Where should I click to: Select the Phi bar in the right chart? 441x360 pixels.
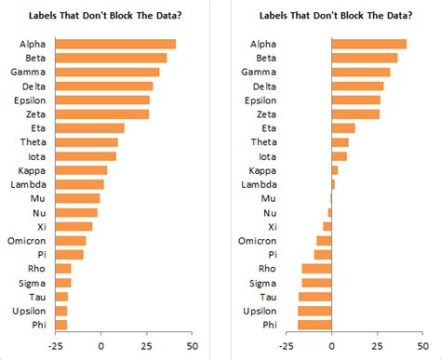(x=314, y=325)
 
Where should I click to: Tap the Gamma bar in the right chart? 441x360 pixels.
(x=360, y=72)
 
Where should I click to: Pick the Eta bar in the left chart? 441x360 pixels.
(x=89, y=127)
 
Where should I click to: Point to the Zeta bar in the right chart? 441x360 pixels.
(x=354, y=113)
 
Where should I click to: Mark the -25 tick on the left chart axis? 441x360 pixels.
(x=56, y=346)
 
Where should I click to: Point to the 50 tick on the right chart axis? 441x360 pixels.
(x=423, y=346)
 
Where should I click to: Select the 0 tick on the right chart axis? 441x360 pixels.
(x=331, y=346)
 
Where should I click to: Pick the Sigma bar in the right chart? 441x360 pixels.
(x=316, y=282)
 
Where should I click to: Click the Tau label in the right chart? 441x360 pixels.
(x=268, y=296)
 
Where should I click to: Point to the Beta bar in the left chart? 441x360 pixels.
(x=111, y=58)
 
